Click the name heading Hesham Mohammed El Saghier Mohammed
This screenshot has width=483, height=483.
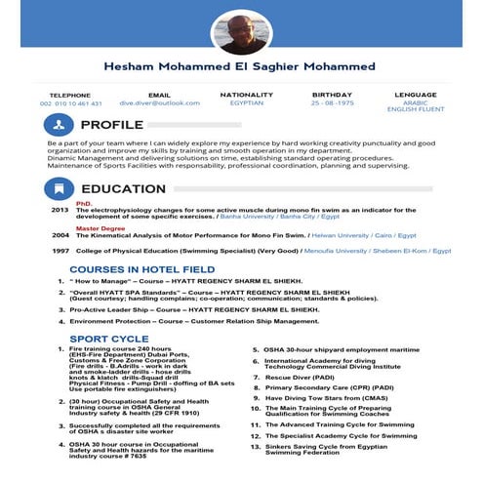(x=240, y=66)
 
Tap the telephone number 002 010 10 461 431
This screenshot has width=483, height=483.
(x=70, y=102)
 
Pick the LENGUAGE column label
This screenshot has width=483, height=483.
(x=416, y=95)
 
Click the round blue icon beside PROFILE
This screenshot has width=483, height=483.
(x=59, y=125)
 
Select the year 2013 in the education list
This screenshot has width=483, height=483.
(x=60, y=210)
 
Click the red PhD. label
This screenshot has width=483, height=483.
(x=84, y=203)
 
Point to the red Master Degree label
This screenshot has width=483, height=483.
(x=100, y=228)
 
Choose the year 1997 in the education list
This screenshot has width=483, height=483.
(x=60, y=251)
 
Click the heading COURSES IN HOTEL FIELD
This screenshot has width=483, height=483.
(x=142, y=268)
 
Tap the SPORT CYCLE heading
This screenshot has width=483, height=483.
(x=108, y=338)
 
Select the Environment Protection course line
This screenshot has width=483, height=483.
(x=195, y=321)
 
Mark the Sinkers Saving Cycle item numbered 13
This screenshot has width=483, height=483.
(x=332, y=448)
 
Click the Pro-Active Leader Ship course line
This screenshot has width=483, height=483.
(x=195, y=309)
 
